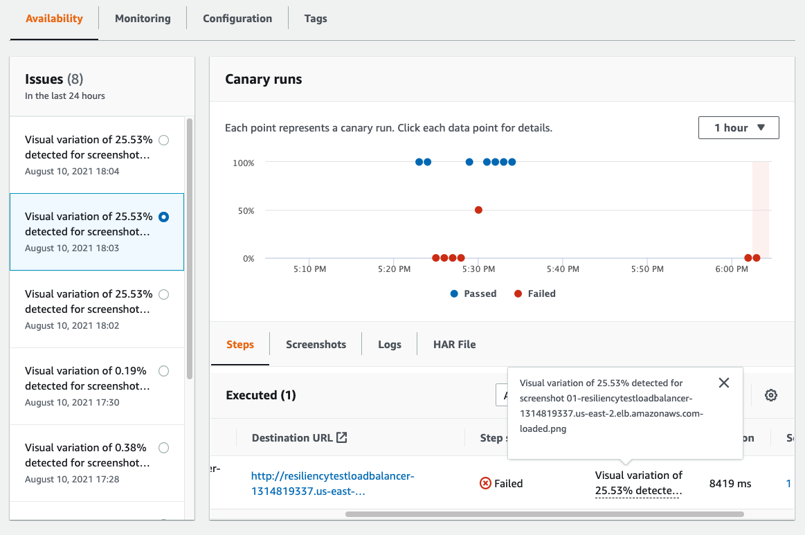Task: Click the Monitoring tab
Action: (143, 19)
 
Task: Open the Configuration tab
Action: (237, 19)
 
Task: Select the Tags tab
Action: (316, 19)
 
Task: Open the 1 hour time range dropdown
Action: (739, 128)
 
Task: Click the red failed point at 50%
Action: (478, 210)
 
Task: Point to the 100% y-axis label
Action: (244, 163)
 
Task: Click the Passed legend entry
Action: (473, 293)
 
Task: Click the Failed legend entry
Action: (535, 293)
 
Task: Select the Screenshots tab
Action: (316, 344)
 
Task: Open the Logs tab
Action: (390, 344)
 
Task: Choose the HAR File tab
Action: (454, 344)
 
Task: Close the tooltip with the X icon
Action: (724, 383)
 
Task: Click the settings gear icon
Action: (771, 395)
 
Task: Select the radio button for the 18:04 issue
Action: (163, 140)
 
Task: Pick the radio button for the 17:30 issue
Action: (163, 371)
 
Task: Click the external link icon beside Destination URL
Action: (341, 437)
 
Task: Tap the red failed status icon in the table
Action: (485, 483)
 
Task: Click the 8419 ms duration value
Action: (730, 483)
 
